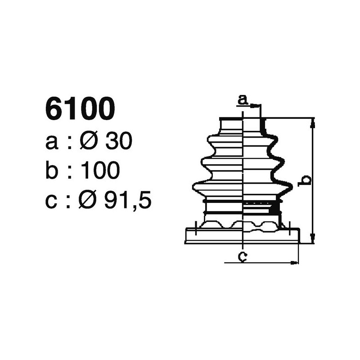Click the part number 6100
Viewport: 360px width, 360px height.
80,109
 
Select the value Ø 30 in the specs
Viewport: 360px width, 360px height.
106,142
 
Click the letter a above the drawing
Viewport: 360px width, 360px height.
243,100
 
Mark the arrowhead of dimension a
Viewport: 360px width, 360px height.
258,106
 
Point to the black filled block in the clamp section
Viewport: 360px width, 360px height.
274,208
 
